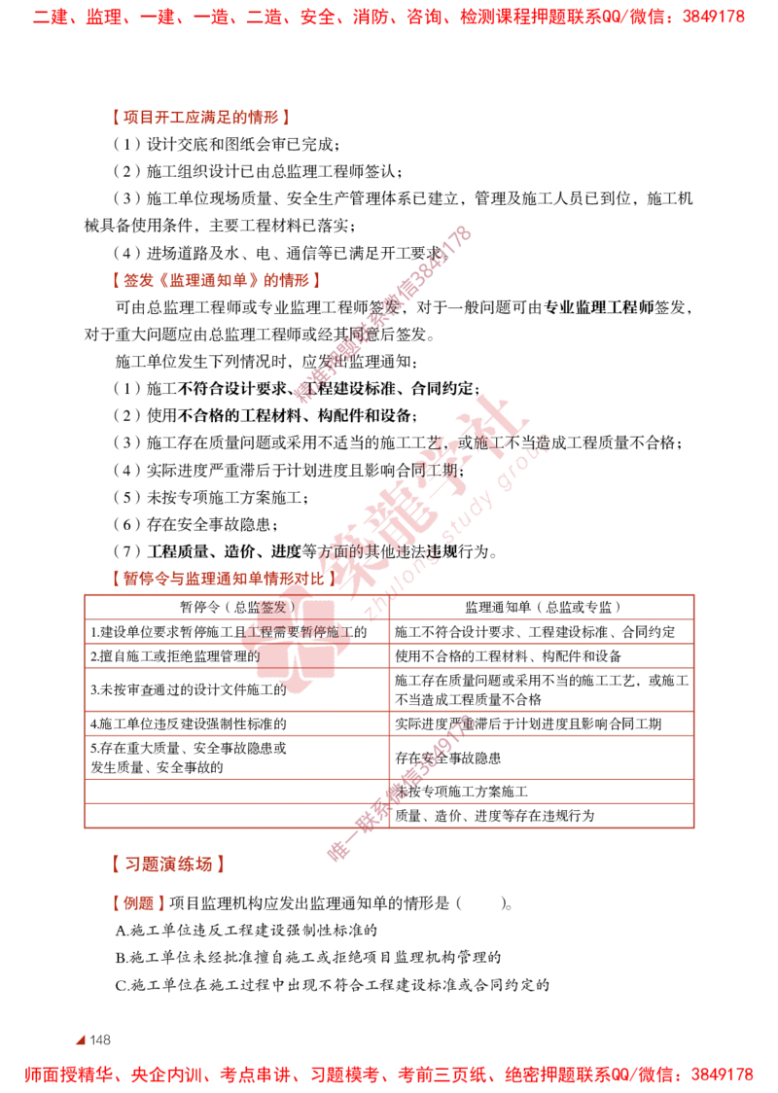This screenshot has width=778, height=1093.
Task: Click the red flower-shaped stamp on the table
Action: click(295, 646)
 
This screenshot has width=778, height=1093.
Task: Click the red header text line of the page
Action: click(389, 18)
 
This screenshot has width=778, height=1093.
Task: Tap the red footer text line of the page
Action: click(389, 1075)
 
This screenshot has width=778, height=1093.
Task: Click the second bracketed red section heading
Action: click(214, 280)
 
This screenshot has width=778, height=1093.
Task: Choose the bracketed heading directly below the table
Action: click(167, 863)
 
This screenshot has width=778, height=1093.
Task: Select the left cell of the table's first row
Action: click(237, 607)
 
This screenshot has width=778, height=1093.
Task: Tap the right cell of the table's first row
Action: click(543, 607)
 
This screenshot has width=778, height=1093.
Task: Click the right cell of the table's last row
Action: click(543, 816)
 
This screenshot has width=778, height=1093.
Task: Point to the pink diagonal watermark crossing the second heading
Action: click(384, 311)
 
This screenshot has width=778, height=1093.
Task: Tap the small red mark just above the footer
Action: click(81, 1040)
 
